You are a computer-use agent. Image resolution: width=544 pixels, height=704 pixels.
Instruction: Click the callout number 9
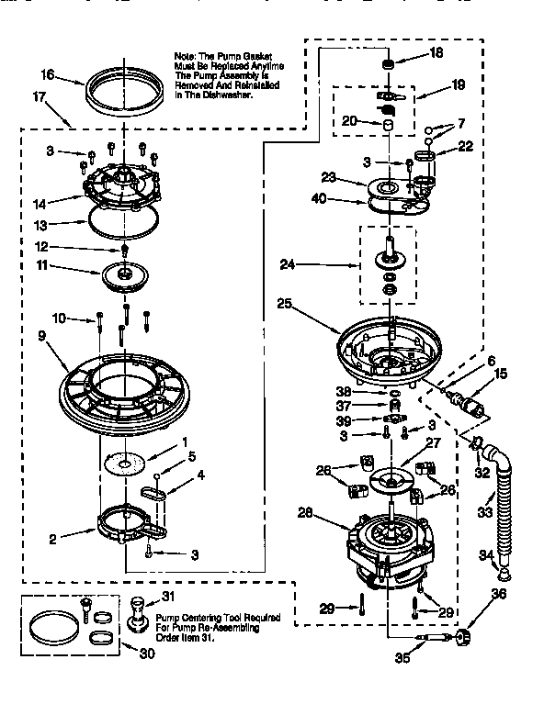[41, 337]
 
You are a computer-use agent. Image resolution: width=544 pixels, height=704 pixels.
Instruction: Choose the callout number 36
[499, 595]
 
